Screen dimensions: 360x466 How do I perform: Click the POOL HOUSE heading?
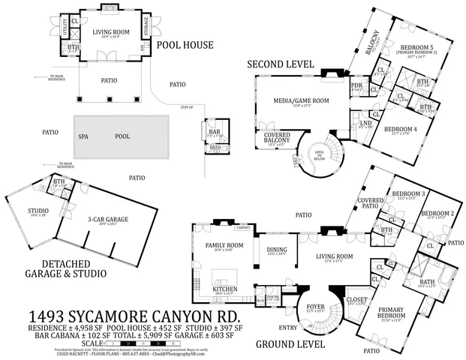[185, 45]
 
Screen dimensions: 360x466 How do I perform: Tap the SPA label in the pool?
[83, 137]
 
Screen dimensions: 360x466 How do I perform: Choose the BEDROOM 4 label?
[401, 129]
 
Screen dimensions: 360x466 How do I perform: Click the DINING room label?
[278, 250]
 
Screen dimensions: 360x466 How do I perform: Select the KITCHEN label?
[225, 289]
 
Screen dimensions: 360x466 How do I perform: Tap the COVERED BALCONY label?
[277, 139]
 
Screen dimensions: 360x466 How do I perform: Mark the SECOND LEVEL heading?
[281, 65]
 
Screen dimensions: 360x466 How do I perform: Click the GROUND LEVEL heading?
[291, 345]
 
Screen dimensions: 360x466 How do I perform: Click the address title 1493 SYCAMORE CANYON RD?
[134, 315]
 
